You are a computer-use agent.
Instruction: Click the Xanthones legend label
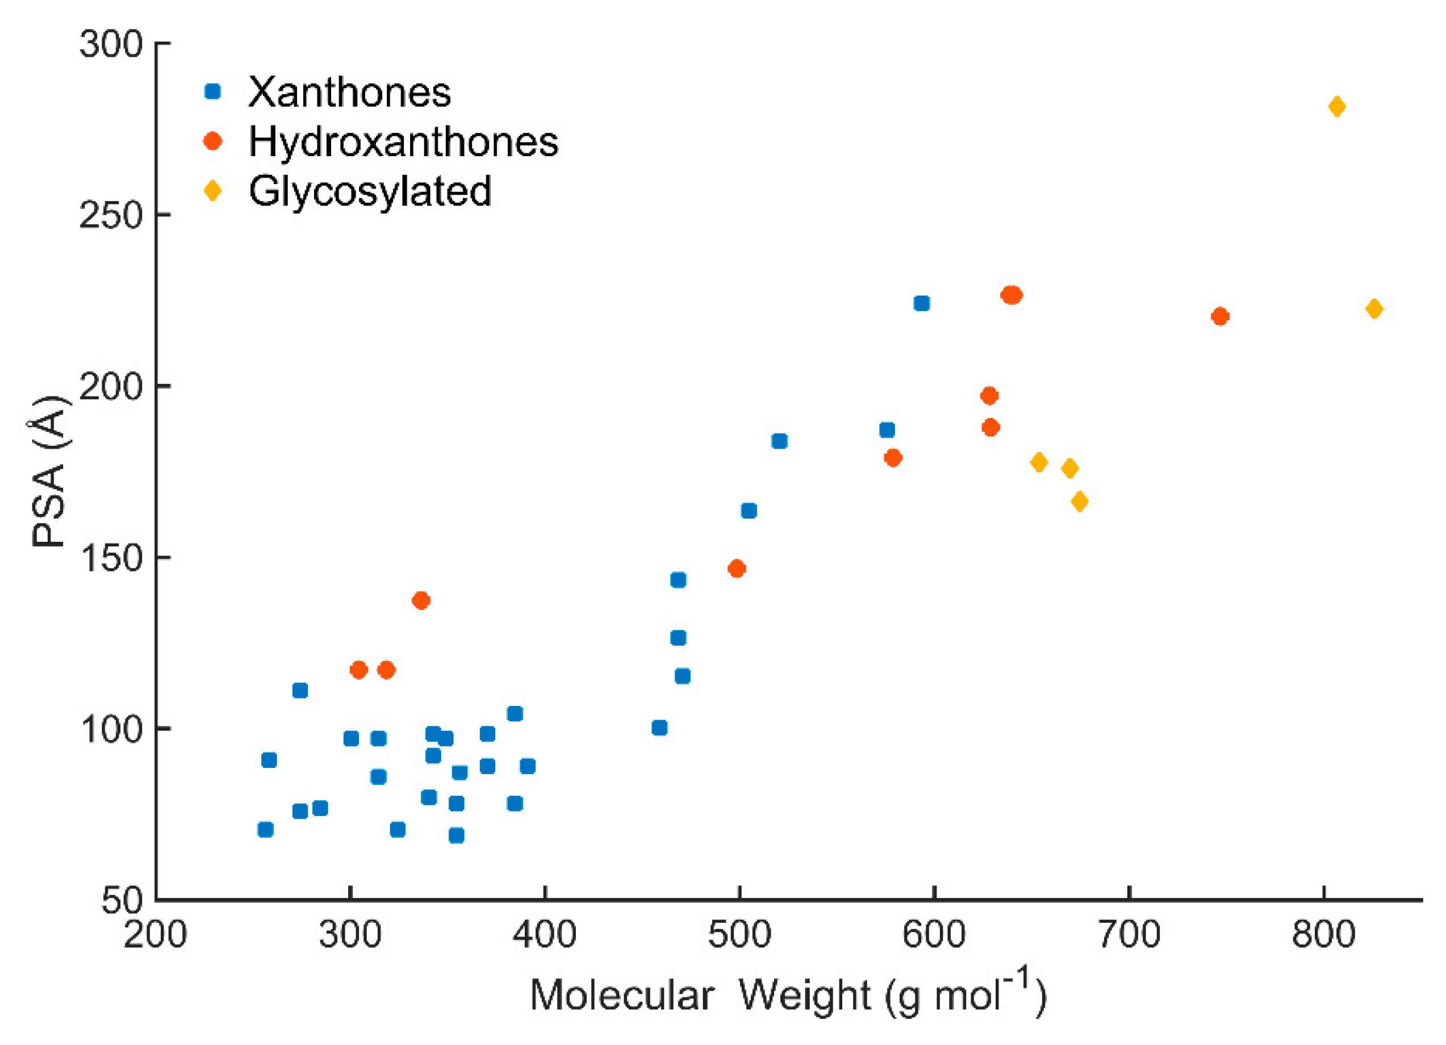pyautogui.click(x=349, y=93)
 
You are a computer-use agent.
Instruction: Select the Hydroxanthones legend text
pyautogui.click(x=403, y=141)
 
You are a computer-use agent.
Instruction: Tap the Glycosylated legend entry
pyautogui.click(x=370, y=191)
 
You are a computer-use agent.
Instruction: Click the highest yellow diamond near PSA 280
pyautogui.click(x=1337, y=107)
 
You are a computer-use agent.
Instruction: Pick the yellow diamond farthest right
pyautogui.click(x=1374, y=309)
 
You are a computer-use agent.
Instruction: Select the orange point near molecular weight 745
pyautogui.click(x=1219, y=316)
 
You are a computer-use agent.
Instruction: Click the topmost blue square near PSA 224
pyautogui.click(x=921, y=303)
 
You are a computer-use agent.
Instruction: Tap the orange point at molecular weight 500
pyautogui.click(x=737, y=569)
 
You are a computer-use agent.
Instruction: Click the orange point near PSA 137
pyautogui.click(x=421, y=600)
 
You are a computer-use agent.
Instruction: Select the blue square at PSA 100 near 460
pyautogui.click(x=659, y=728)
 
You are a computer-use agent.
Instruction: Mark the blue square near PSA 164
pyautogui.click(x=749, y=511)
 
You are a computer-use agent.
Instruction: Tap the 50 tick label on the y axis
pyautogui.click(x=121, y=901)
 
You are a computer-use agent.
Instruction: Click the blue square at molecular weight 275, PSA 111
pyautogui.click(x=300, y=691)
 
